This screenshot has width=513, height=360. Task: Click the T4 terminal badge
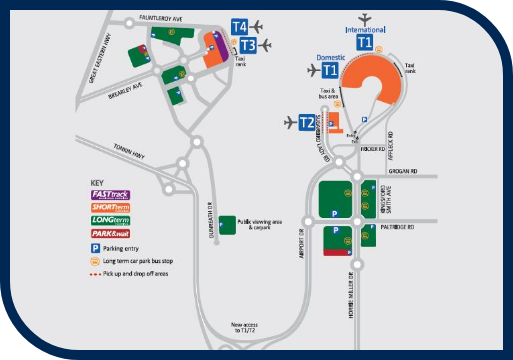pyautogui.click(x=240, y=26)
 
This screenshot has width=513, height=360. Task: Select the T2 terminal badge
pyautogui.click(x=308, y=123)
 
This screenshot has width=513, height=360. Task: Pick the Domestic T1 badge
pyautogui.click(x=329, y=70)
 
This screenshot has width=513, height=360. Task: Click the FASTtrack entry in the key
pyautogui.click(x=111, y=194)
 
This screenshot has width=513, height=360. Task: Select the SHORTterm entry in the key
pyautogui.click(x=111, y=207)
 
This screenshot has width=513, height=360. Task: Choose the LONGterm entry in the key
pyautogui.click(x=111, y=221)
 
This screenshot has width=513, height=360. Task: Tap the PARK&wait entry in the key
pyautogui.click(x=111, y=234)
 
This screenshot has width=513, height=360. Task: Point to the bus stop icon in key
pyautogui.click(x=96, y=260)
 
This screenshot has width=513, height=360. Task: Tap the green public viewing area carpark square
pyautogui.click(x=228, y=223)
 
